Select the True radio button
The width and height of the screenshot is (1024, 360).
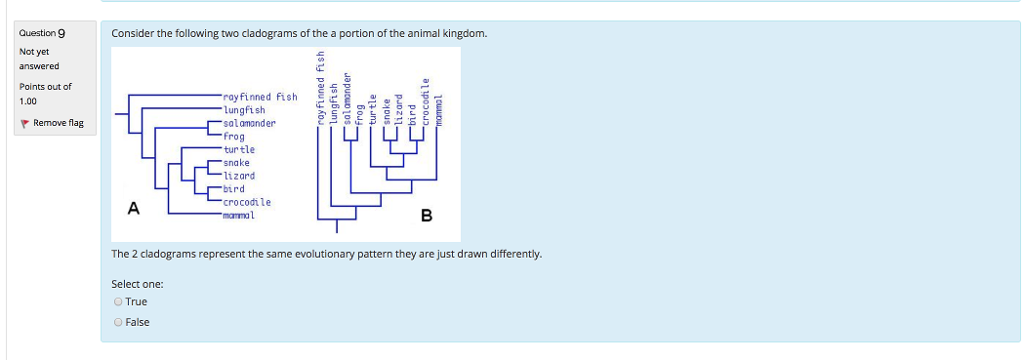point(118,301)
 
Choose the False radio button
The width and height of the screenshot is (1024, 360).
point(118,321)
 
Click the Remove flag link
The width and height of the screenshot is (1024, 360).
point(58,123)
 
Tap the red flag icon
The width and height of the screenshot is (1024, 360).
point(24,123)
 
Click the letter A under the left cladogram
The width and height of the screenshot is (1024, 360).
point(133,208)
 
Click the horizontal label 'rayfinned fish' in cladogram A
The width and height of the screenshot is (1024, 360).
point(260,97)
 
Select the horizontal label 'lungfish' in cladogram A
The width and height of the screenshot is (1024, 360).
point(245,110)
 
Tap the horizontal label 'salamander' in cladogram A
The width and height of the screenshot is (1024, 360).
point(250,123)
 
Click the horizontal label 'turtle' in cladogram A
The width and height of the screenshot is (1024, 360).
point(239,149)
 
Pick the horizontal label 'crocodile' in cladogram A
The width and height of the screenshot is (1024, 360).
point(247,202)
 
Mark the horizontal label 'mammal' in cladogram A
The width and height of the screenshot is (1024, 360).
point(240,214)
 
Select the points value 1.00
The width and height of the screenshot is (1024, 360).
point(30,101)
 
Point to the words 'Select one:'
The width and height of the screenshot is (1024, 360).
point(137,284)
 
